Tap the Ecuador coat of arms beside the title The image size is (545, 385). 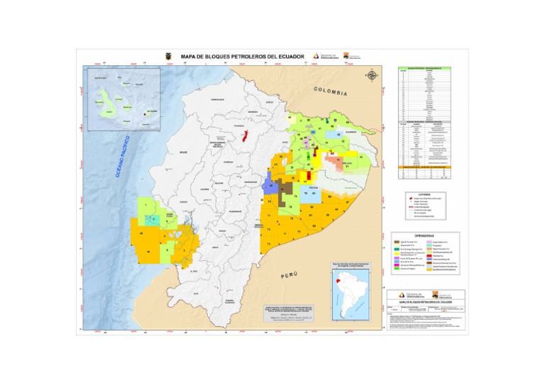(x=168, y=57)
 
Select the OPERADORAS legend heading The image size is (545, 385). (x=425, y=235)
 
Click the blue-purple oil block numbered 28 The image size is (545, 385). (x=270, y=186)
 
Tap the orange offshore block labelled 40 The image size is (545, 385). (x=148, y=251)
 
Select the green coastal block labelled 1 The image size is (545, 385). (x=146, y=206)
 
